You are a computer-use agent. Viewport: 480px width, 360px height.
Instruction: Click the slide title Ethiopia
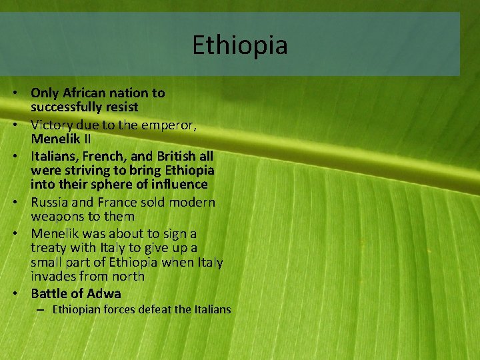(240, 45)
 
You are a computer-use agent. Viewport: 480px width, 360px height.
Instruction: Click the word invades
(53, 276)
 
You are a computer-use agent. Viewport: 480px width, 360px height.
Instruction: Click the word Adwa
(104, 293)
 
